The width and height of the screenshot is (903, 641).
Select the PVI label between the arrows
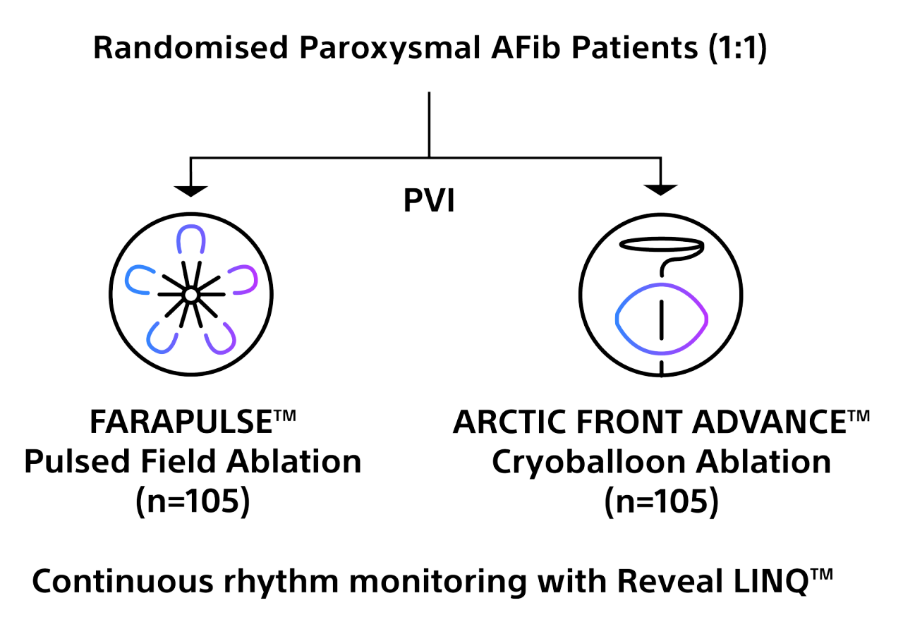point(429,201)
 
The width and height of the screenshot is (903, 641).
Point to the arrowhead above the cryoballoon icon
point(660,189)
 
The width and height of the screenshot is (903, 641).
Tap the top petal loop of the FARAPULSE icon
point(190,240)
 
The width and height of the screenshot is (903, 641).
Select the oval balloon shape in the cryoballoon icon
point(661,318)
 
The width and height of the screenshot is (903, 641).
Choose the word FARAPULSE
point(181,423)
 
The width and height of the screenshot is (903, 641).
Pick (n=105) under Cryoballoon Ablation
point(661,503)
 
